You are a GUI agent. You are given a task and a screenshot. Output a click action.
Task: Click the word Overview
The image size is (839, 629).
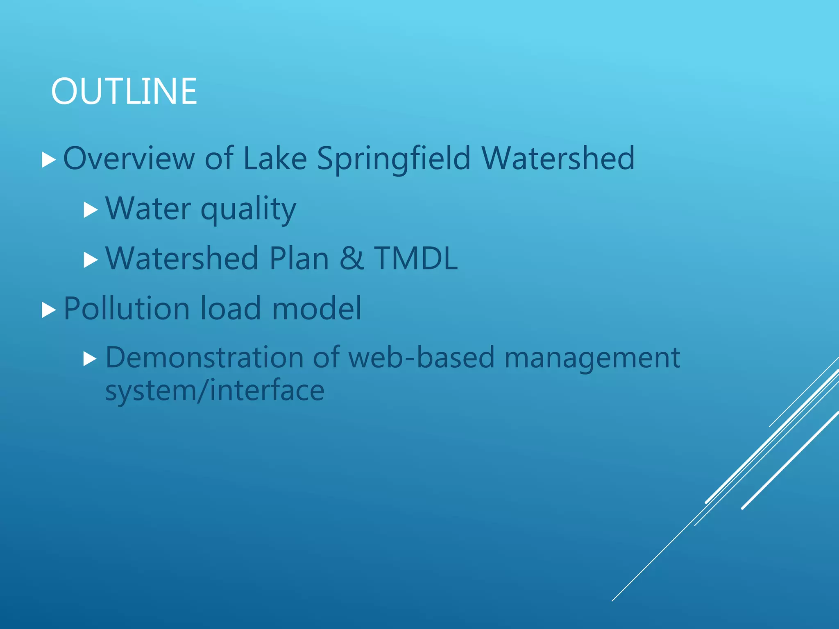tap(129, 158)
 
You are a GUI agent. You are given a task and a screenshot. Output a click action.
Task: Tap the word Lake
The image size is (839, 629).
tap(275, 158)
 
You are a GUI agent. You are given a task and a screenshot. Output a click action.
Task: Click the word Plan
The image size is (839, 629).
tap(299, 258)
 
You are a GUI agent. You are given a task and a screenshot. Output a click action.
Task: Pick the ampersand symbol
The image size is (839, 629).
tap(351, 258)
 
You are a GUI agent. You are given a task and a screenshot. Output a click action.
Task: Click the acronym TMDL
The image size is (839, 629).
tap(416, 258)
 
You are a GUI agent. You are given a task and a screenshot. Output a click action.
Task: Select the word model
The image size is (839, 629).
tap(317, 308)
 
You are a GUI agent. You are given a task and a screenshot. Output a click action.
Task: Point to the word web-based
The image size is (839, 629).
tap(422, 357)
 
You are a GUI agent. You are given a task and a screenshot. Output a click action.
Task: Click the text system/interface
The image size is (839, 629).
tap(215, 390)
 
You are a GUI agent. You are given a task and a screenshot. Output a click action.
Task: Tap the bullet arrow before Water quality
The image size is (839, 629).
tap(91, 210)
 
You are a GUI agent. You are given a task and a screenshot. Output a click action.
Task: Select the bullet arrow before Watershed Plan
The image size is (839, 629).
tap(91, 260)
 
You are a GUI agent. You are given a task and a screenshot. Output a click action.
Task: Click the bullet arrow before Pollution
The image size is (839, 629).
tap(49, 310)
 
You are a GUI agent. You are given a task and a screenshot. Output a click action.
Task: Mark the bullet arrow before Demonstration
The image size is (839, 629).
tap(91, 359)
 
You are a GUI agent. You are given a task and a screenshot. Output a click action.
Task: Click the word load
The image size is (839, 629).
tap(231, 308)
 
